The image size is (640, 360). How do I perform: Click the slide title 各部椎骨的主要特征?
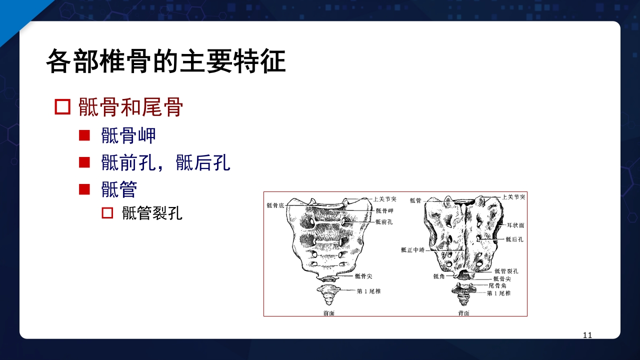(165, 62)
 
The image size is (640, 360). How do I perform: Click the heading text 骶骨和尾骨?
(130, 107)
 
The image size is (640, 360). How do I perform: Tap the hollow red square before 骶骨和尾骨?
(62, 107)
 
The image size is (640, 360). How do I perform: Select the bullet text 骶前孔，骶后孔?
(165, 162)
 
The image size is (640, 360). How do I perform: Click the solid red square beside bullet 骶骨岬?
(84, 135)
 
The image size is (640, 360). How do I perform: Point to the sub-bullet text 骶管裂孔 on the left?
(152, 213)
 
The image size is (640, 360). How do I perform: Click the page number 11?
(587, 335)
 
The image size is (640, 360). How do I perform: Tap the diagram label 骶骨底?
(275, 205)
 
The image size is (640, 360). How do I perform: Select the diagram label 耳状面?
(515, 225)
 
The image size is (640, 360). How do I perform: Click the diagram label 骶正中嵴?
(412, 250)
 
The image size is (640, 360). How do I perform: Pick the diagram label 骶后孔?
(514, 239)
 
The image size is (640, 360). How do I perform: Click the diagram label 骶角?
(439, 276)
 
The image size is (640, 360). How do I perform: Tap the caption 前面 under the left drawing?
(329, 312)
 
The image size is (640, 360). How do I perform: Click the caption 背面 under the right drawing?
(463, 313)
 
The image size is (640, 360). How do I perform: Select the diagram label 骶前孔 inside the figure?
(383, 222)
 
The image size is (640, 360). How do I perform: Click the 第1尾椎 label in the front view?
(368, 291)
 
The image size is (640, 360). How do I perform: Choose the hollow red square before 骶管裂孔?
(107, 213)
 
